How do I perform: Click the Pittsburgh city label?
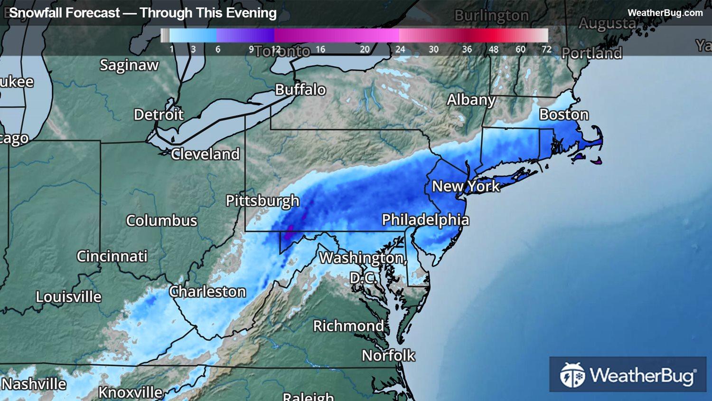click(x=262, y=201)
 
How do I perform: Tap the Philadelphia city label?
click(x=425, y=220)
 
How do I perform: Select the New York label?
click(x=466, y=186)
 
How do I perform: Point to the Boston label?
click(x=564, y=115)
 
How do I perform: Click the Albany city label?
click(x=471, y=100)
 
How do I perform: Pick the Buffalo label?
click(x=300, y=90)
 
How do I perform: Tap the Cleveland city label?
click(x=205, y=154)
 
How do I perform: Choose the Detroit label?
click(x=159, y=115)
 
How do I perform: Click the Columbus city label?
click(x=161, y=220)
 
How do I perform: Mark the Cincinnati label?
click(x=112, y=257)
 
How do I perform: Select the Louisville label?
click(x=69, y=297)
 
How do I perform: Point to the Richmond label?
click(x=348, y=326)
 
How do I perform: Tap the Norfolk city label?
click(x=388, y=355)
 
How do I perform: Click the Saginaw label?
click(x=129, y=65)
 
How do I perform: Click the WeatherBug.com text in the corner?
click(x=665, y=13)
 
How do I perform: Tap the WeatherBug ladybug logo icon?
click(x=572, y=375)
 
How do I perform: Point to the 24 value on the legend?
click(x=400, y=49)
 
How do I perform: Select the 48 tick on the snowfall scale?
click(x=494, y=49)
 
